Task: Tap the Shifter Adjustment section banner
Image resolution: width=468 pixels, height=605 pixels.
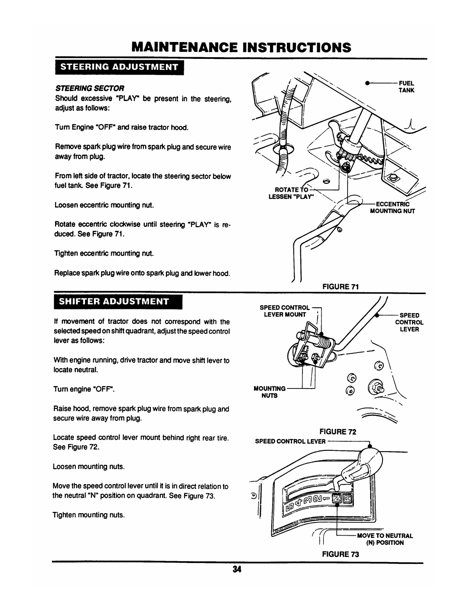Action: pos(117,300)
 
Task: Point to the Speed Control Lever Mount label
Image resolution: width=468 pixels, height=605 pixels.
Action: pos(285,311)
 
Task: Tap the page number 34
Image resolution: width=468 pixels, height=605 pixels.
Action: pos(234,569)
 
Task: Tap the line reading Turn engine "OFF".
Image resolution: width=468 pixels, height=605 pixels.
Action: pos(84,390)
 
